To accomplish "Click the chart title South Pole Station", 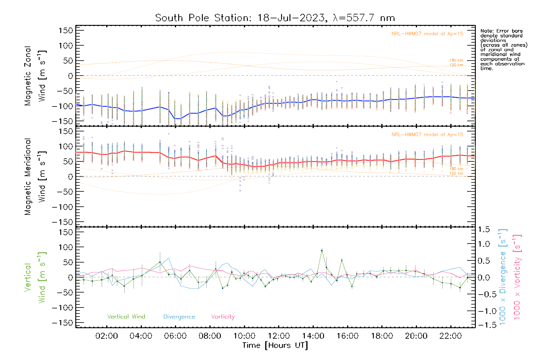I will click(275, 18).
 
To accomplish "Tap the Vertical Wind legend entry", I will click(126, 316).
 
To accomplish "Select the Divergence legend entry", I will click(179, 316).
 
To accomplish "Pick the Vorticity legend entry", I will click(223, 316).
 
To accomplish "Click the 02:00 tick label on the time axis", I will click(106, 336).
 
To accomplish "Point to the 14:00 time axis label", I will click(313, 336).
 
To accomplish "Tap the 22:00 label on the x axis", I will click(450, 336).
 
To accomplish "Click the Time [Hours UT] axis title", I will click(275, 345).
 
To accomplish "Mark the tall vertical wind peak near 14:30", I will click(322, 250).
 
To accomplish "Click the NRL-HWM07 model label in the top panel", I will click(427, 34).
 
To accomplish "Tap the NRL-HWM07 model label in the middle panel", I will click(427, 135).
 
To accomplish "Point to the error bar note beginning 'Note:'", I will click(503, 49).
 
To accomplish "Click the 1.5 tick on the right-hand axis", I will click(484, 229).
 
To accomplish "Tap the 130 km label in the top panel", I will click(456, 60).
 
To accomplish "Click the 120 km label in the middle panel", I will click(456, 173).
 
